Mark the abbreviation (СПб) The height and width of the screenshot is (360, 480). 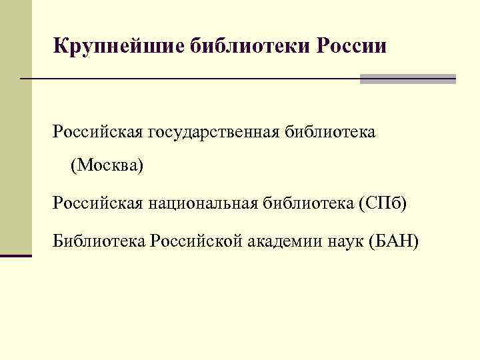coord(381,202)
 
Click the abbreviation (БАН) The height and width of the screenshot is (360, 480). coord(393,240)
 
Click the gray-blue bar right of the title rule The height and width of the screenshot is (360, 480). coord(407,79)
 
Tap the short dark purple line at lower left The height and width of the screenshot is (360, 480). coord(16,255)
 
